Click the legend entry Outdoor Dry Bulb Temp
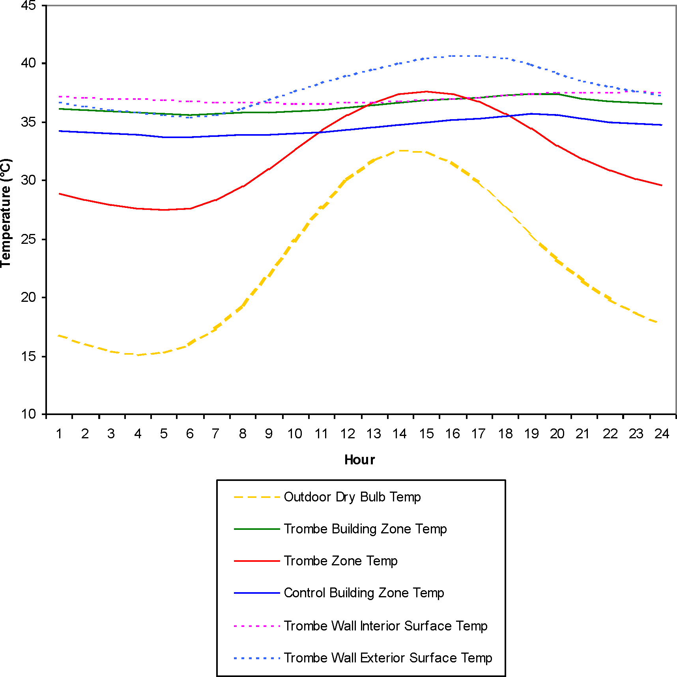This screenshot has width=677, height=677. (x=352, y=497)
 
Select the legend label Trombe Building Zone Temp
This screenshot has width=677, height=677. (x=365, y=529)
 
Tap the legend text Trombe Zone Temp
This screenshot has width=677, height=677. (x=340, y=561)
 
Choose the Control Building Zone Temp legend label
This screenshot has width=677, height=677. (x=364, y=593)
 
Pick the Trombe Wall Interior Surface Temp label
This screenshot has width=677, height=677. (x=385, y=626)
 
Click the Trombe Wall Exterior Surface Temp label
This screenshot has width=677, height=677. (x=388, y=658)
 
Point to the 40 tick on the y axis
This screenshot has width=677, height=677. (x=28, y=63)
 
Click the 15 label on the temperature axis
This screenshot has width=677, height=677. (x=28, y=357)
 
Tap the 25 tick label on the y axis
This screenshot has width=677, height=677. (x=28, y=239)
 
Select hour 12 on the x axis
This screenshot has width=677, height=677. (x=348, y=434)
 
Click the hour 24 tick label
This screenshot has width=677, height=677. (x=662, y=434)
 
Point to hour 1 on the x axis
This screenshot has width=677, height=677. (x=59, y=434)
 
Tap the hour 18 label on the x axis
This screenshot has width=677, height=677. (x=505, y=434)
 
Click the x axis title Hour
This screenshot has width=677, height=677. (x=359, y=460)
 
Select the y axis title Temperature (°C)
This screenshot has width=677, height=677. (x=6, y=213)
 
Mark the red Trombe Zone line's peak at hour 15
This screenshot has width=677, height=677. (x=426, y=92)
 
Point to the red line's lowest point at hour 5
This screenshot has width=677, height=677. (x=164, y=210)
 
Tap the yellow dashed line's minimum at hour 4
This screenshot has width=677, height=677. (x=138, y=355)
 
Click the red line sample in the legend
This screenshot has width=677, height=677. (x=256, y=561)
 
